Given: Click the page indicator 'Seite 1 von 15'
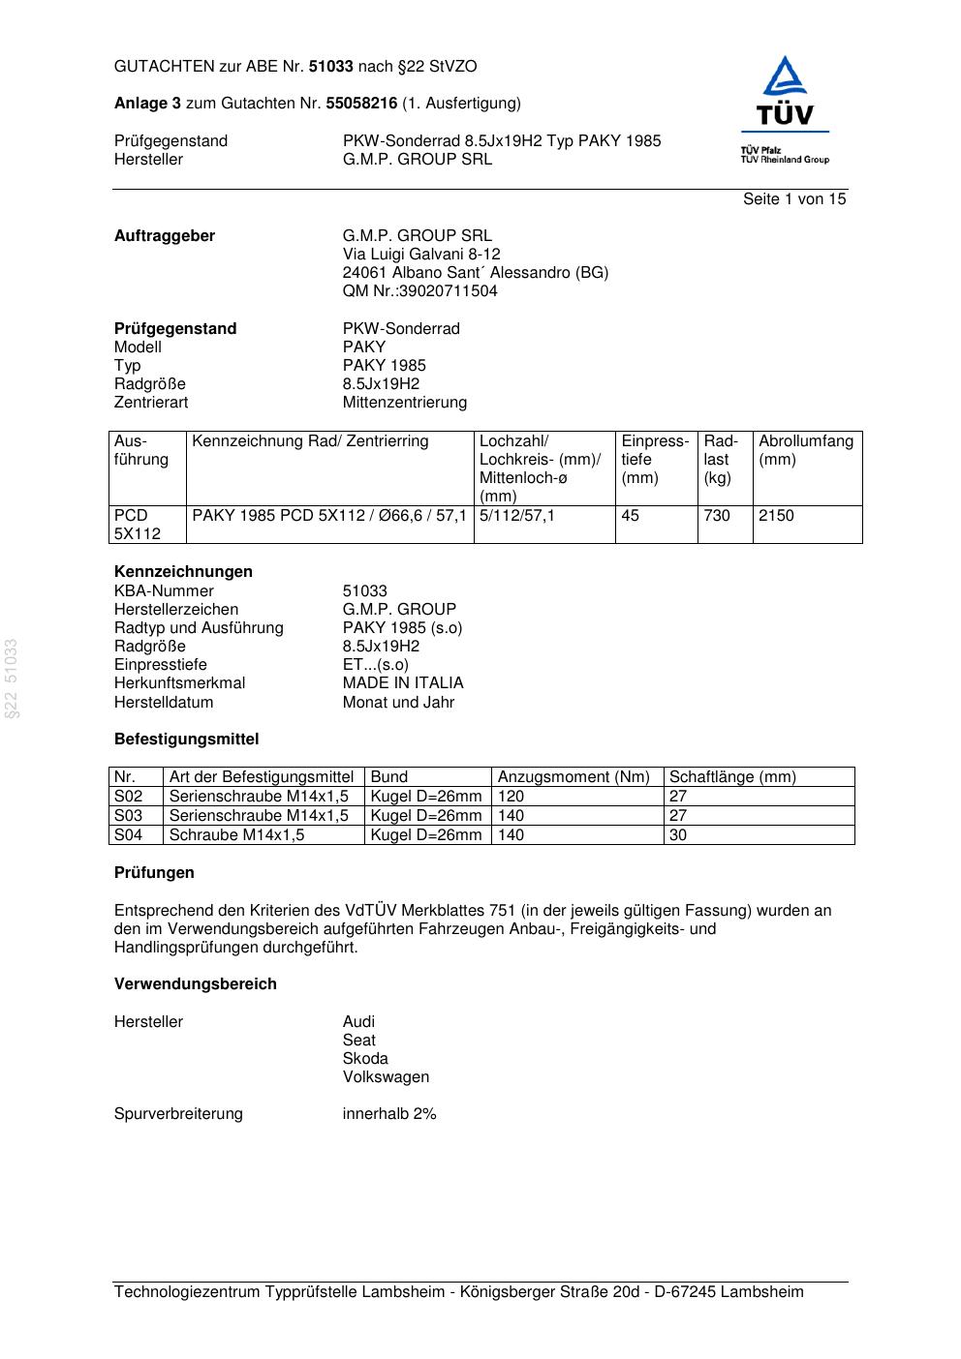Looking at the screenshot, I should coord(793,199).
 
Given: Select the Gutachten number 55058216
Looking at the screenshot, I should coord(361,104).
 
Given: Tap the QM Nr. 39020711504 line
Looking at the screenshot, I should coord(419,291).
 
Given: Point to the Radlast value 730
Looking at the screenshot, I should coord(717,516).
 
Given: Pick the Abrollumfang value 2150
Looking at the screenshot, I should coord(776,516).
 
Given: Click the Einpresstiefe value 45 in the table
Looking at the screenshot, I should coord(630,516).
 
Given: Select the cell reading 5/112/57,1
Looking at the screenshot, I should coord(517,516).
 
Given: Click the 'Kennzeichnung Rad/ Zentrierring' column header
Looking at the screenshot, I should coord(310,441).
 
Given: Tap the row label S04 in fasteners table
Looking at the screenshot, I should coord(128,835).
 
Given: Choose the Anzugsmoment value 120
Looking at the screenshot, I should coord(511,797).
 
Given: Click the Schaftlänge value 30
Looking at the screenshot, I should coord(678,835).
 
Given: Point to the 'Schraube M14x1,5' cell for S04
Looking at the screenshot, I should coord(236,835).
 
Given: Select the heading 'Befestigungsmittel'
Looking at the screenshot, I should coord(186,740).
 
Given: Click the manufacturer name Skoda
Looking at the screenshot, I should coord(365,1059).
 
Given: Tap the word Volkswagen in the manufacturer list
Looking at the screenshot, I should coord(386,1077).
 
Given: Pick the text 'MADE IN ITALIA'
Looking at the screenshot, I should coord(403,683).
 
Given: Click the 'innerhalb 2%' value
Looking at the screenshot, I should coord(389,1114).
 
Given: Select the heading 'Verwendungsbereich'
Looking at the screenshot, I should coord(196,984).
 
